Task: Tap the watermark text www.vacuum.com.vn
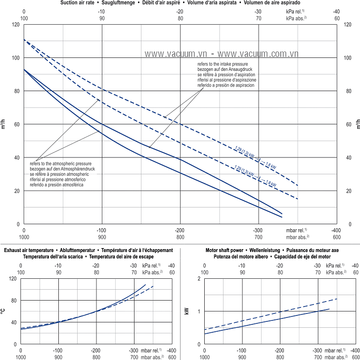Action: click(257, 52)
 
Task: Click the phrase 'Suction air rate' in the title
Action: click(79, 3)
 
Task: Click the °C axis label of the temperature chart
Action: click(3, 311)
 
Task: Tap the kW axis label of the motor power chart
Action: click(186, 311)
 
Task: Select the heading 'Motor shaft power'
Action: click(225, 251)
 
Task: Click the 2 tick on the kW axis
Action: click(199, 279)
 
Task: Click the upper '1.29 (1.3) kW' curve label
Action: click(246, 149)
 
